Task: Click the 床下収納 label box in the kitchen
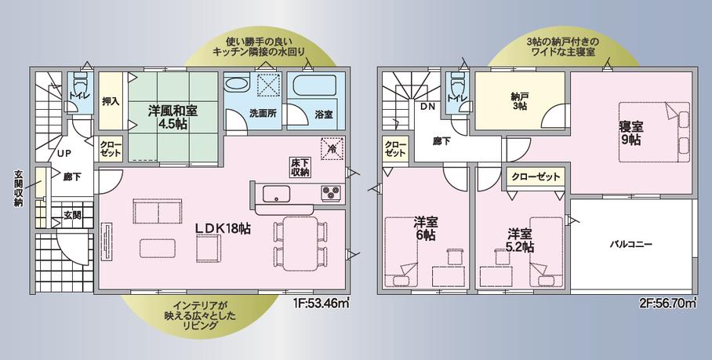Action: (300, 167)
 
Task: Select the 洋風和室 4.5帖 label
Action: (173, 117)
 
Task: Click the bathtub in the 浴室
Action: (314, 85)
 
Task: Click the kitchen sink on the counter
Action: (276, 194)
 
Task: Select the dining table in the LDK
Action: (300, 244)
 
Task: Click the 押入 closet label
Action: (111, 100)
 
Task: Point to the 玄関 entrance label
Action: (72, 215)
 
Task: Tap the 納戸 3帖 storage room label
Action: (518, 101)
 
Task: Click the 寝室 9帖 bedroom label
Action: (630, 133)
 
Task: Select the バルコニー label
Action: (630, 244)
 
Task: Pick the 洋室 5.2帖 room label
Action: (521, 241)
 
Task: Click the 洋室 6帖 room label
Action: (426, 229)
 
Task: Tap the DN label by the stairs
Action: (427, 107)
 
